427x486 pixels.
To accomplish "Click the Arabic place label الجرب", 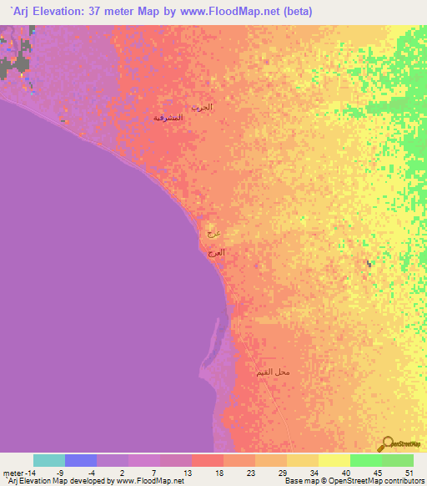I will pyautogui.click(x=203, y=107).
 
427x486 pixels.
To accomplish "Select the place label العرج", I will pyautogui.click(x=217, y=252).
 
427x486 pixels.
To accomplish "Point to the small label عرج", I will pyautogui.click(x=213, y=235).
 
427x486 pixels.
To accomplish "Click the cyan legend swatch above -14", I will pyautogui.click(x=49, y=460).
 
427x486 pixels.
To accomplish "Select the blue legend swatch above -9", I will pyautogui.click(x=81, y=460).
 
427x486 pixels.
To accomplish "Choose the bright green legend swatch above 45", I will pyautogui.click(x=365, y=460).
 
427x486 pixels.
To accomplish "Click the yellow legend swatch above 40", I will pyautogui.click(x=334, y=460).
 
